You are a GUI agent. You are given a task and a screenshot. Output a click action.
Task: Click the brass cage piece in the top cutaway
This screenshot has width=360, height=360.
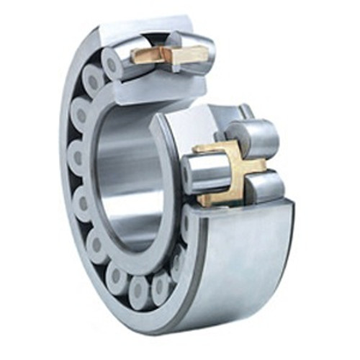click(x=171, y=55)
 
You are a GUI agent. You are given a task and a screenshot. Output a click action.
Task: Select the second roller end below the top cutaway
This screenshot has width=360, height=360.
click(x=80, y=115)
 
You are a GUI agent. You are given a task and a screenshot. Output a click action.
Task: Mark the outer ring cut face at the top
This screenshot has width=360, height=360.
click(x=144, y=29)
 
